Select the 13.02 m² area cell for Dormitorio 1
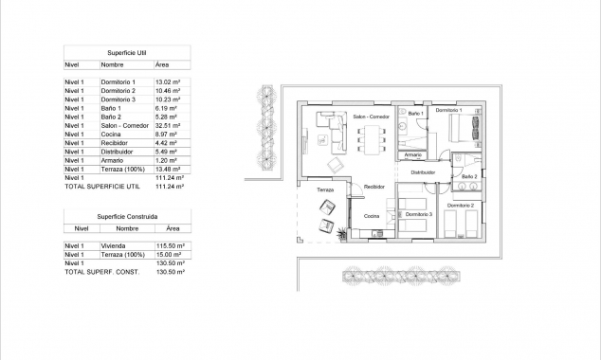168,82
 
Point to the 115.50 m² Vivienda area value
168,244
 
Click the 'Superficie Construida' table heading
126,217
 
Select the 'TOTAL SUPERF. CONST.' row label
100,272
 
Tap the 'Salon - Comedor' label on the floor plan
372,117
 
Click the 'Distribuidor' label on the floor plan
423,172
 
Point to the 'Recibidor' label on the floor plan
373,187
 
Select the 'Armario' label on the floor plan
411,154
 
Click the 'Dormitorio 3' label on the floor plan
419,214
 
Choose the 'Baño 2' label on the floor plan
470,176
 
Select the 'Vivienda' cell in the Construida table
113,244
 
